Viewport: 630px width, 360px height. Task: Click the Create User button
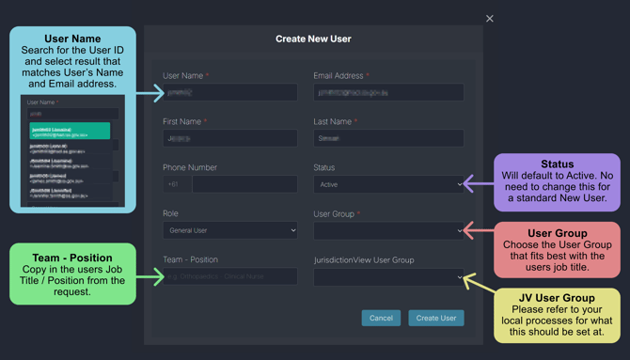pyautogui.click(x=435, y=318)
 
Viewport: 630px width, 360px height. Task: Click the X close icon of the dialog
pyautogui.click(x=489, y=19)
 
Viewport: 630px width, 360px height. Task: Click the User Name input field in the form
pyautogui.click(x=229, y=92)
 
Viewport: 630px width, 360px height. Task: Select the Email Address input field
pyautogui.click(x=388, y=92)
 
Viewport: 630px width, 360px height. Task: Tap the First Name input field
pyautogui.click(x=229, y=138)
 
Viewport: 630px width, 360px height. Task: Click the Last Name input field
pyautogui.click(x=388, y=138)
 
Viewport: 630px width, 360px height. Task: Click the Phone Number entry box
pyautogui.click(x=244, y=184)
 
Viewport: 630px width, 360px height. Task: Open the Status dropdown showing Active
pyautogui.click(x=388, y=184)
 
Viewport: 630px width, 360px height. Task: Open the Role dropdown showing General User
pyautogui.click(x=229, y=230)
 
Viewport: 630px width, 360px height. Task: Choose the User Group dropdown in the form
pyautogui.click(x=388, y=230)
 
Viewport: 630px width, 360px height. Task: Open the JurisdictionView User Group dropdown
pyautogui.click(x=388, y=277)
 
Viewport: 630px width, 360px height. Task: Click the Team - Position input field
pyautogui.click(x=229, y=277)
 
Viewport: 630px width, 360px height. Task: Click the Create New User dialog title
pyautogui.click(x=313, y=39)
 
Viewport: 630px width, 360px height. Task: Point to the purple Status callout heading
pyautogui.click(x=557, y=164)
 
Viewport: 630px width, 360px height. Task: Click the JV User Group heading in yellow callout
pyautogui.click(x=557, y=298)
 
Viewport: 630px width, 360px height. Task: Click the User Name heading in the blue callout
pyautogui.click(x=71, y=39)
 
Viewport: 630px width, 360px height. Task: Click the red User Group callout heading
pyautogui.click(x=557, y=232)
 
